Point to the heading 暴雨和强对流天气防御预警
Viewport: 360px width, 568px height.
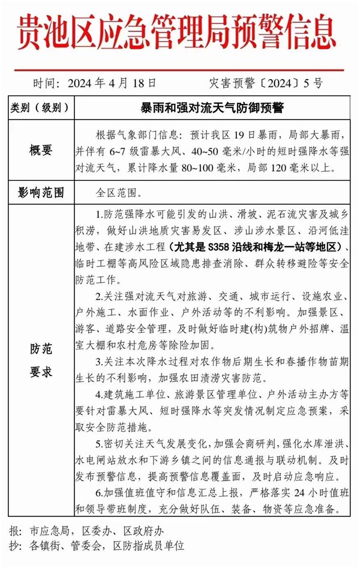point(212,109)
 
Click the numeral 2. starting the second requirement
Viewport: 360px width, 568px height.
point(100,297)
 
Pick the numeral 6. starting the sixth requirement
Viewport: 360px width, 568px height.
point(100,493)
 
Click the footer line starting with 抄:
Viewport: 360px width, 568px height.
point(99,546)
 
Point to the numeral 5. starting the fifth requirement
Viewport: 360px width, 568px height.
point(100,444)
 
